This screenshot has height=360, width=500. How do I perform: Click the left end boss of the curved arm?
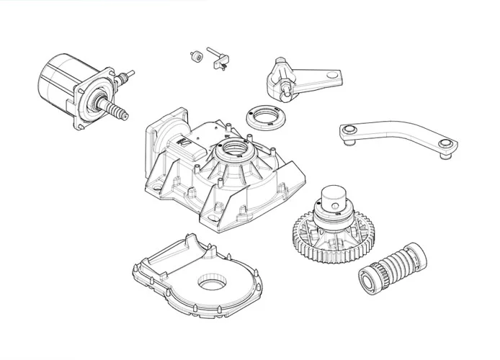[349, 130]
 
